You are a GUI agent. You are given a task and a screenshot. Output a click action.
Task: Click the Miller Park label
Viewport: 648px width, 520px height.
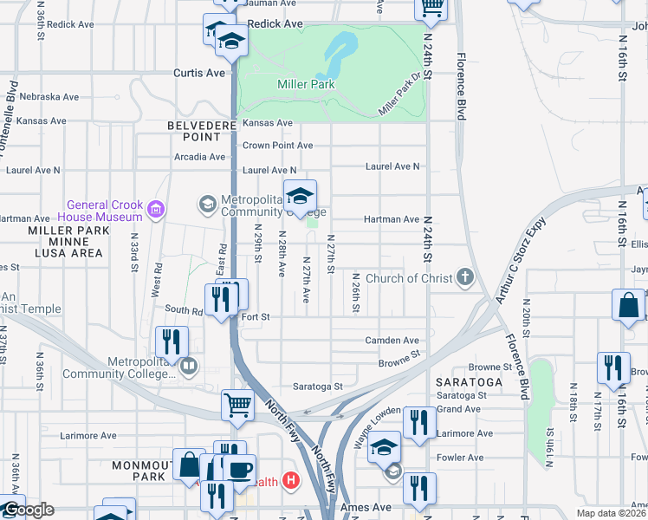(x=306, y=84)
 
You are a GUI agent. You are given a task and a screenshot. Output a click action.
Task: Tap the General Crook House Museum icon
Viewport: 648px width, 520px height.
(x=156, y=208)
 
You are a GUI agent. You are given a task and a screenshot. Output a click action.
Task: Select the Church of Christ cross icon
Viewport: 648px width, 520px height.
(x=465, y=278)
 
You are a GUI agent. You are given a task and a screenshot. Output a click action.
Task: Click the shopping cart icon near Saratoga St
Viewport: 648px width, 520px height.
(x=237, y=405)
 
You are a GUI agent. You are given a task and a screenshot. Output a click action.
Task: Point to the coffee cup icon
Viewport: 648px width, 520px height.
(x=240, y=470)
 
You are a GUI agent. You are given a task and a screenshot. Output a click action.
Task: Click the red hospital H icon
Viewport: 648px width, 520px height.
(x=291, y=480)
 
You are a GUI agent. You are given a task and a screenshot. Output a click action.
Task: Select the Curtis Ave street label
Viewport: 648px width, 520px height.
(x=199, y=73)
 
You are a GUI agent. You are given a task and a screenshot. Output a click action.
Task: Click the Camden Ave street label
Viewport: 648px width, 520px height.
(x=392, y=341)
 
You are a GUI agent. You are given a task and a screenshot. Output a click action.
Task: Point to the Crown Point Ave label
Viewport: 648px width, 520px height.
(x=277, y=146)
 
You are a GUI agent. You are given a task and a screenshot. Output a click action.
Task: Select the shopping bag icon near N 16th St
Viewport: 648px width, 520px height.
(x=628, y=305)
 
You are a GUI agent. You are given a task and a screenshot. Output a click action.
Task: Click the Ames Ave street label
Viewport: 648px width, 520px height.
(x=369, y=507)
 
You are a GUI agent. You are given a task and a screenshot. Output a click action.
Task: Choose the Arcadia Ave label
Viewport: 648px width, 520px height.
(x=199, y=157)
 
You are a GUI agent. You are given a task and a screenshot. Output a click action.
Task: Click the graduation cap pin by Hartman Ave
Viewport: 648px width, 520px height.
(x=300, y=198)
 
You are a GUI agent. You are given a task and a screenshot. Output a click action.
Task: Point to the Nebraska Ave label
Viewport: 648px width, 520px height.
(x=49, y=96)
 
